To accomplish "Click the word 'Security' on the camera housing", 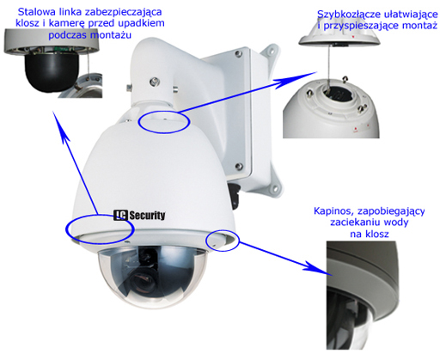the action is (147, 216).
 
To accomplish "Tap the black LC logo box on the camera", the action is (120, 216).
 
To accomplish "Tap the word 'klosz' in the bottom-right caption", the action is (377, 234).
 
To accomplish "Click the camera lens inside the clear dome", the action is (143, 281).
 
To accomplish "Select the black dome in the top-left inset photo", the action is (52, 72).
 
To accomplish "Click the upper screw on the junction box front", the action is (237, 53).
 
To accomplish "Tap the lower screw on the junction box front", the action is (238, 166).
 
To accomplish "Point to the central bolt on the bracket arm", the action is (155, 82).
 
